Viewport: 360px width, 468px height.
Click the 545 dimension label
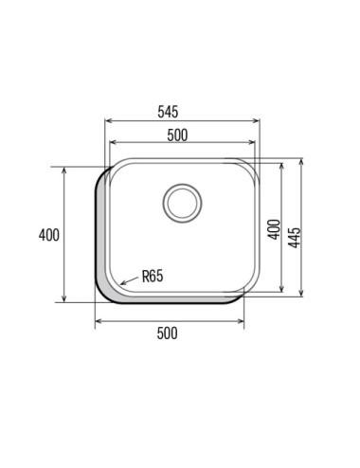[168, 112]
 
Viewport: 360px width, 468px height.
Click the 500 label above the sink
[177, 135]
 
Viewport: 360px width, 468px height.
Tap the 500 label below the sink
[168, 333]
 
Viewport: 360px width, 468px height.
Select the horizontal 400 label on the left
[49, 235]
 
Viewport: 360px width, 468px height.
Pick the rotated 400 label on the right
[275, 229]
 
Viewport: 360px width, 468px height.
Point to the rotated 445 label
[295, 238]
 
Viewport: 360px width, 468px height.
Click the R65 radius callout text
[153, 276]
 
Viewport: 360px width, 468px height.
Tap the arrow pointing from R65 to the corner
[130, 280]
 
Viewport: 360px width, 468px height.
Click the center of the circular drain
[182, 203]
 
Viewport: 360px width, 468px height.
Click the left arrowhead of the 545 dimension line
[108, 120]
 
